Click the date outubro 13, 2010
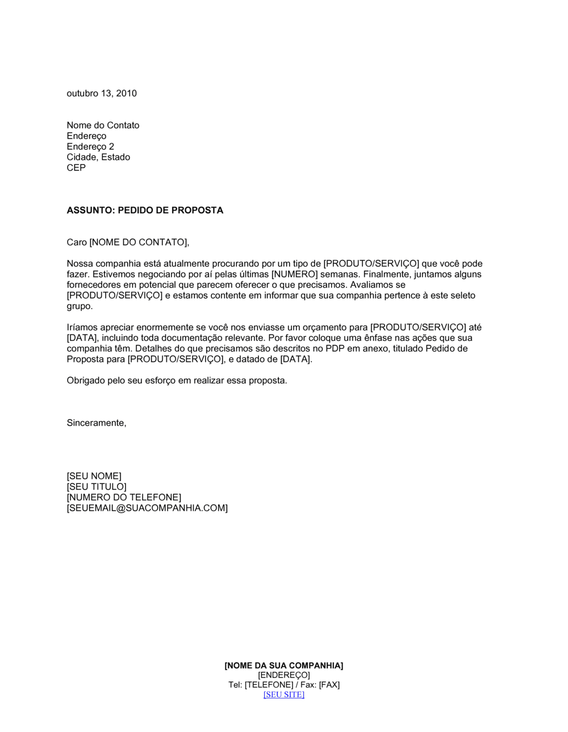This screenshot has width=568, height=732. click(102, 94)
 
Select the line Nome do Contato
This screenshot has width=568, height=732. click(103, 125)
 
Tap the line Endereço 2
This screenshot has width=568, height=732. click(90, 146)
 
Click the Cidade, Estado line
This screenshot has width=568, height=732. click(98, 157)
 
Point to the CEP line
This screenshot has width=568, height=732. click(76, 168)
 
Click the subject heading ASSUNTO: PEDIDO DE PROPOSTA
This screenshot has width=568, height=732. click(145, 211)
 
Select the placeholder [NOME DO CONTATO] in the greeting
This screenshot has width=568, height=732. click(138, 242)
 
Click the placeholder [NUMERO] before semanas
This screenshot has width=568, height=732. click(294, 274)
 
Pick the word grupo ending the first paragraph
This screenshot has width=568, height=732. click(79, 306)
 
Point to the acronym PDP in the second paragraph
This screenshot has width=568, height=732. click(335, 348)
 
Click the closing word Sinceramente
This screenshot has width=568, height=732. click(95, 423)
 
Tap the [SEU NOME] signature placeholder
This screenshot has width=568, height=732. click(94, 476)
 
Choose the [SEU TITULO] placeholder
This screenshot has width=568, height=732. click(97, 487)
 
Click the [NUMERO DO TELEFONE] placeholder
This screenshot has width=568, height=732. click(124, 498)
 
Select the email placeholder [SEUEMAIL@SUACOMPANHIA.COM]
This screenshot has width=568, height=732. click(147, 508)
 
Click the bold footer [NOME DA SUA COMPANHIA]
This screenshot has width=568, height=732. click(284, 666)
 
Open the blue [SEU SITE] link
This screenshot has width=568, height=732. click(284, 695)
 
